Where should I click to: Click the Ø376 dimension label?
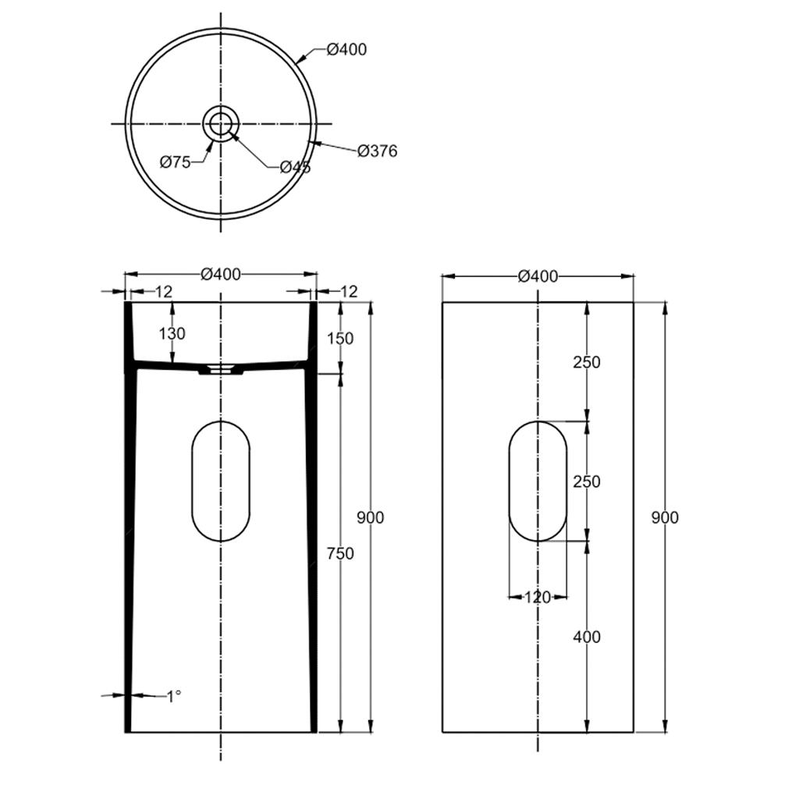point(377,151)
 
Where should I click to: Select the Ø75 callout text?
point(176,162)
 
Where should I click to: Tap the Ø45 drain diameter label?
point(295,167)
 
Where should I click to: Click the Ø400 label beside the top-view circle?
point(346,50)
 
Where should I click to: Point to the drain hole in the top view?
point(221,123)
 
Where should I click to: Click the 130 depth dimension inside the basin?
point(172,334)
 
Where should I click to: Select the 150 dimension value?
point(340,339)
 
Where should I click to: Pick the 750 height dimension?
point(340,554)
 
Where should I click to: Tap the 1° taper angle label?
point(174,694)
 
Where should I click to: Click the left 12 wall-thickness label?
point(163,292)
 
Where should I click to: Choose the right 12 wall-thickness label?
point(348,292)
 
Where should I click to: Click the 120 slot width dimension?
point(537,598)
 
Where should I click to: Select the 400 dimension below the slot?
point(587,637)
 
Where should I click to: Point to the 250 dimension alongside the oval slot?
point(587,482)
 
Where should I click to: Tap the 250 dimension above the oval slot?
point(587,363)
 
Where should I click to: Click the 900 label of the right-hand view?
point(665,517)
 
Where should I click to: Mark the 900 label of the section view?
point(370,517)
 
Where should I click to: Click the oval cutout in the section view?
point(221,481)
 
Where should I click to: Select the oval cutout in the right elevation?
point(538,481)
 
